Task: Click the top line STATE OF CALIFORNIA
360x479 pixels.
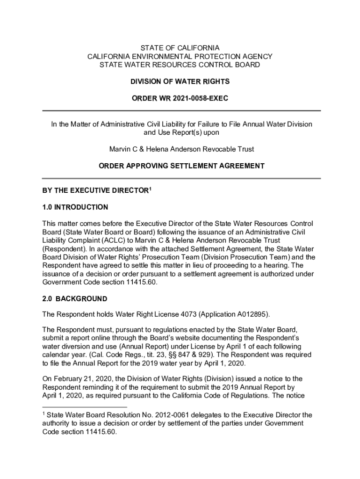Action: point(180,48)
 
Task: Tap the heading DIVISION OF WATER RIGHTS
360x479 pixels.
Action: point(180,81)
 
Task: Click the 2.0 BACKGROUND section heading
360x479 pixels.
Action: point(75,299)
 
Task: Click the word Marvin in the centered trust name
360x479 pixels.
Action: point(119,149)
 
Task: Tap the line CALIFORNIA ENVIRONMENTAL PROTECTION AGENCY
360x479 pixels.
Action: point(180,57)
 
